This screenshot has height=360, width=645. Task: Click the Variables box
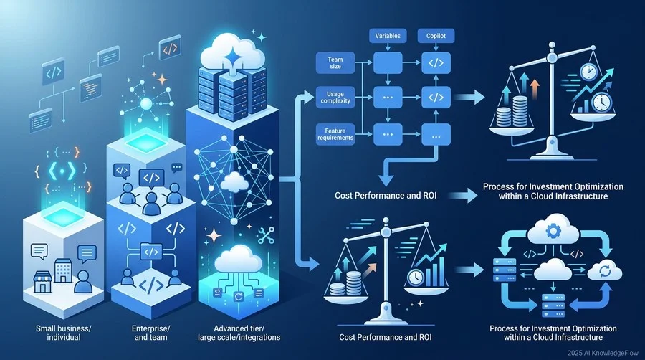point(388,36)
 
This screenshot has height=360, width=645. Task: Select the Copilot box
point(436,36)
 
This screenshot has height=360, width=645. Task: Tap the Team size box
point(335,62)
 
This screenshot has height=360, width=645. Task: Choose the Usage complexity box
point(335,98)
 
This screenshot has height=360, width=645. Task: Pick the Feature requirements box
point(335,134)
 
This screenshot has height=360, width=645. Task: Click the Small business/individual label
point(63,333)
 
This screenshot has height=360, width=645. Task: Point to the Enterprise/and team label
point(150,333)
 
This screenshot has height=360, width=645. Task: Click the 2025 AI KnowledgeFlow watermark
point(603,353)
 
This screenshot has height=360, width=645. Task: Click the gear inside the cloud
point(553,231)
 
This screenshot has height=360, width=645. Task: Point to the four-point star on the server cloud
point(232,55)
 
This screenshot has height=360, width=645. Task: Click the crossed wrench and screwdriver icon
point(266,236)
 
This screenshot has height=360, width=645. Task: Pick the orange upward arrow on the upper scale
point(535,89)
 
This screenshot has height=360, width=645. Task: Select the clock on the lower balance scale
point(416,278)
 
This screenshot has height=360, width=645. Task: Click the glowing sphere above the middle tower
point(146,104)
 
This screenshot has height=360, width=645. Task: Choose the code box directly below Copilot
point(436,63)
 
